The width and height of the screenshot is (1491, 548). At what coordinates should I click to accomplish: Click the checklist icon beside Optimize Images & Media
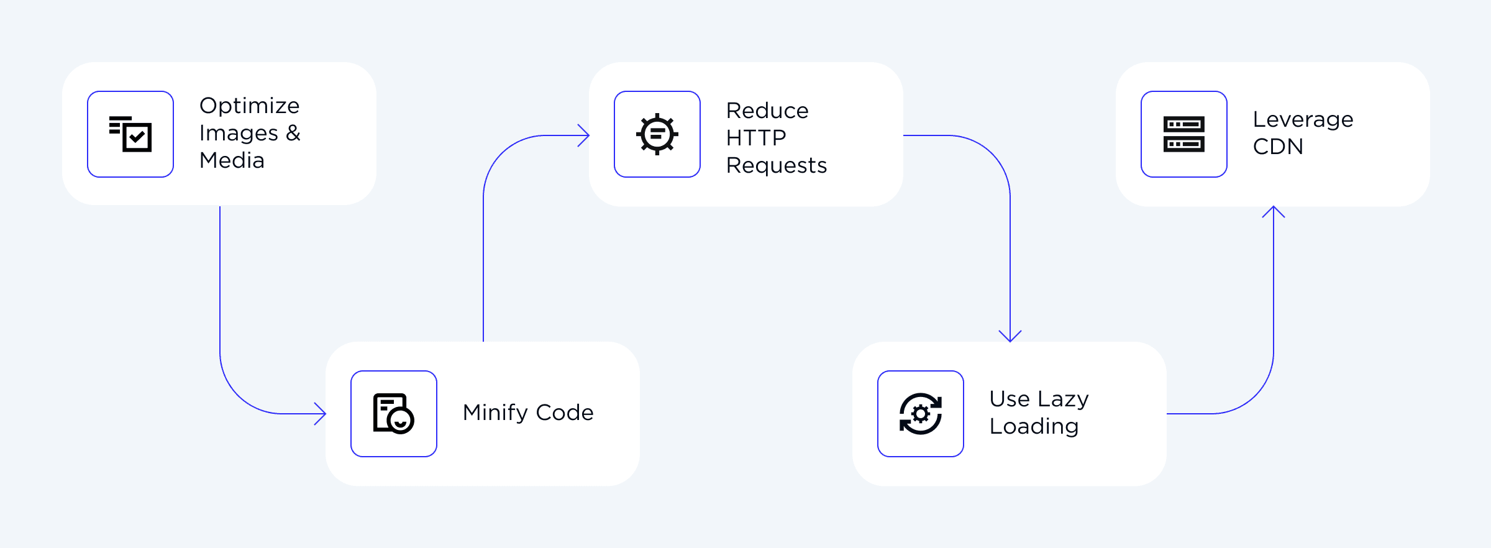(130, 134)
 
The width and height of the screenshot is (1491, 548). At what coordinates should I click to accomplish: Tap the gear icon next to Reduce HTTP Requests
(657, 134)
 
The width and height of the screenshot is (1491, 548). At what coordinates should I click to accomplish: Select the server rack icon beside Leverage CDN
(1183, 134)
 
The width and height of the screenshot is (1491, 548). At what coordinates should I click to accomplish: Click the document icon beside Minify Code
(393, 413)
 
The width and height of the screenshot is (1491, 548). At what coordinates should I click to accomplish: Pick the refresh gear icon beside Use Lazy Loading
(920, 413)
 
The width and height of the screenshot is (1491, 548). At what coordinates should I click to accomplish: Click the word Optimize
(249, 106)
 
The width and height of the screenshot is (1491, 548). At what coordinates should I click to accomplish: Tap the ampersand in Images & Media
(293, 133)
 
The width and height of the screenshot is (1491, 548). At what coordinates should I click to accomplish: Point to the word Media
(232, 160)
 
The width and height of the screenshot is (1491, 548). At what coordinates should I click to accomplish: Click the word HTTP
(756, 137)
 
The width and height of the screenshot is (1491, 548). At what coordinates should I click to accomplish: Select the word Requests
(776, 165)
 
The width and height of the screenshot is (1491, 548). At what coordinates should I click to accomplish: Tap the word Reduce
(767, 111)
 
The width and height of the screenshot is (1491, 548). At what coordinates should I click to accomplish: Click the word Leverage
(1303, 119)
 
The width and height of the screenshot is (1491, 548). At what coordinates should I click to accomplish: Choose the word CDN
(1278, 147)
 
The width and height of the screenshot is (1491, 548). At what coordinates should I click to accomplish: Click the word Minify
(495, 413)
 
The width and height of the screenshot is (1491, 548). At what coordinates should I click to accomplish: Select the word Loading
(1034, 426)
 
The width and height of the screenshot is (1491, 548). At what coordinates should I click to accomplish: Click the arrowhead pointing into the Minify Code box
(321, 414)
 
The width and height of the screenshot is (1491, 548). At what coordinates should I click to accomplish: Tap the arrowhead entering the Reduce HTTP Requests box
(584, 135)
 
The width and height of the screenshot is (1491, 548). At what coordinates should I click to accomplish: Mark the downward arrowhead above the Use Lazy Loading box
(1010, 337)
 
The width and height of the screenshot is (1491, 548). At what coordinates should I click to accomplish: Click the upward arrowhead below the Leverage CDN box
(1274, 211)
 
